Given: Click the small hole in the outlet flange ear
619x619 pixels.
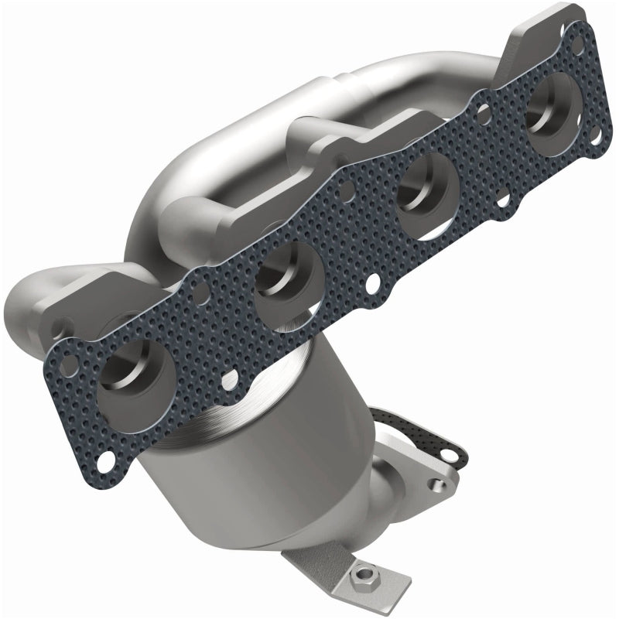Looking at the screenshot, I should [440, 485].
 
